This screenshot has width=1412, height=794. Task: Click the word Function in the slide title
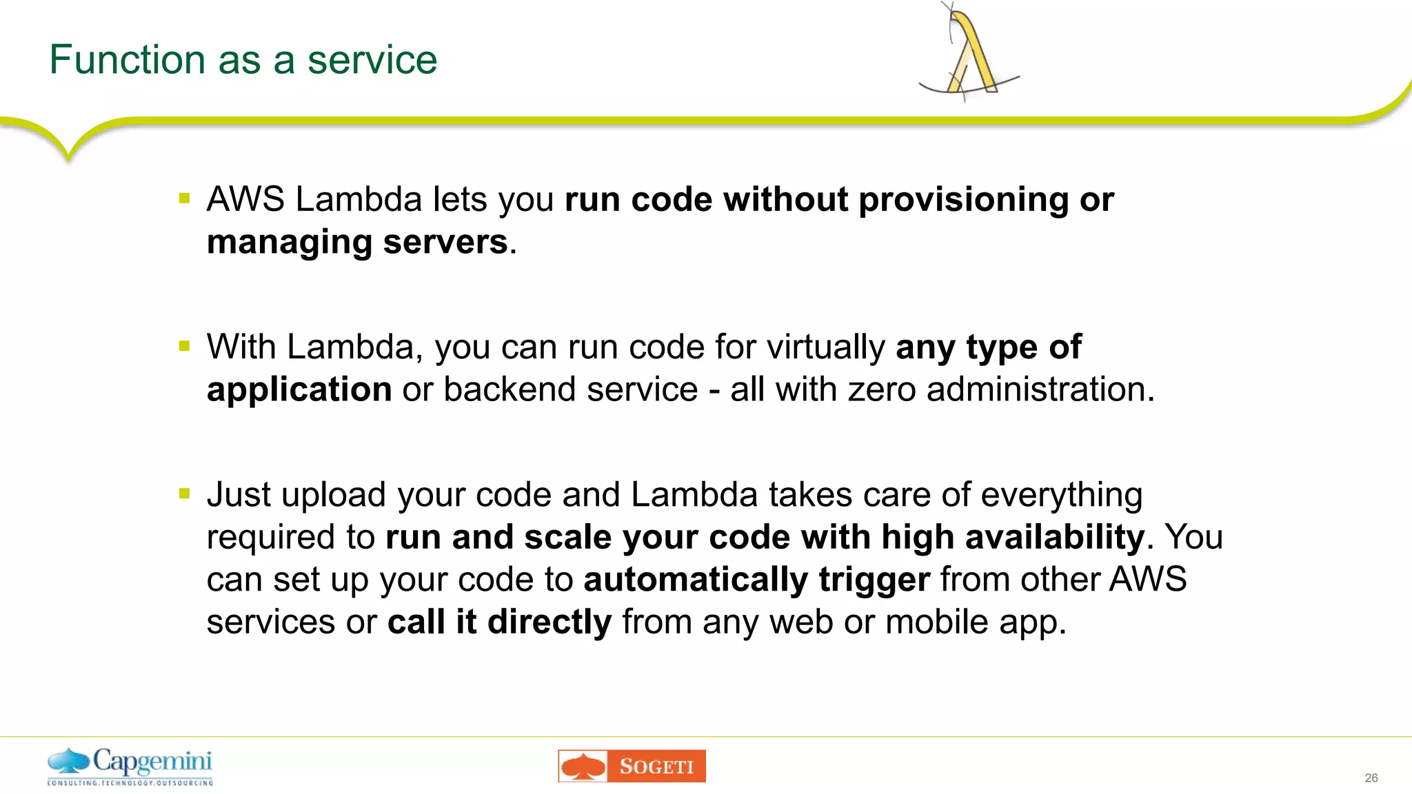(127, 60)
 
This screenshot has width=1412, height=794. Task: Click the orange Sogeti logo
(632, 766)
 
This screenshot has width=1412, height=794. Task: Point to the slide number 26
(1371, 778)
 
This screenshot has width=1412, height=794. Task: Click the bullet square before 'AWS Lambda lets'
(184, 199)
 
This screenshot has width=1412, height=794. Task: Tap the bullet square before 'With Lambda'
(184, 346)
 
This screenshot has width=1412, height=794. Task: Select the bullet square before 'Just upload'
(184, 493)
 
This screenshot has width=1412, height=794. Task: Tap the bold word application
(299, 390)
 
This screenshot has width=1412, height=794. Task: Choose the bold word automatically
(696, 580)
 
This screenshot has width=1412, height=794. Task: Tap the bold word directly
(549, 622)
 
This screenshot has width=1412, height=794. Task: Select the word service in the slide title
(372, 60)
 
